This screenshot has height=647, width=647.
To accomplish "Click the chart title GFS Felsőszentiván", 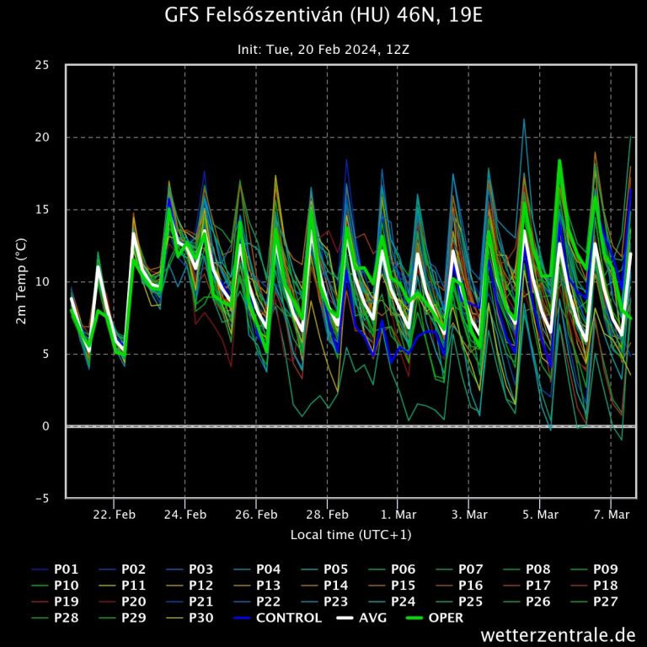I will point(323,16).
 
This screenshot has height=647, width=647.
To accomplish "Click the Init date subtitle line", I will point(323,50).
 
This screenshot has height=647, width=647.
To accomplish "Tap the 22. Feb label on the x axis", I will point(114,514).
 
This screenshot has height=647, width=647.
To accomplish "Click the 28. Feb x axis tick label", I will point(327,514).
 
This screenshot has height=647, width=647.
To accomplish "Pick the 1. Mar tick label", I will point(398,514).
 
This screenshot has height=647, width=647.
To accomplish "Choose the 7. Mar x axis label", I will point(612,514).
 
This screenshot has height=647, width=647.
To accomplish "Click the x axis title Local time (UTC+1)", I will point(350,535).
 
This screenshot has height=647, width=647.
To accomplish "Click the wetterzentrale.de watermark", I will point(559,634).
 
